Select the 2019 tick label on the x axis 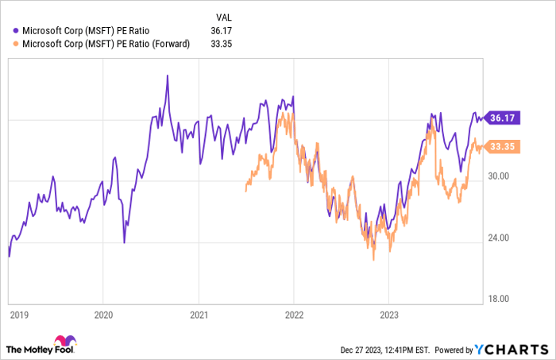[19, 314]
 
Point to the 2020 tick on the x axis [103, 314]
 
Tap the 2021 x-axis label [199, 314]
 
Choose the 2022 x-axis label [293, 314]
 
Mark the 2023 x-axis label [388, 314]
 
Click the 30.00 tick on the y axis [502, 176]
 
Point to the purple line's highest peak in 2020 [167, 76]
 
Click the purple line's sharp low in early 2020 [124, 242]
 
